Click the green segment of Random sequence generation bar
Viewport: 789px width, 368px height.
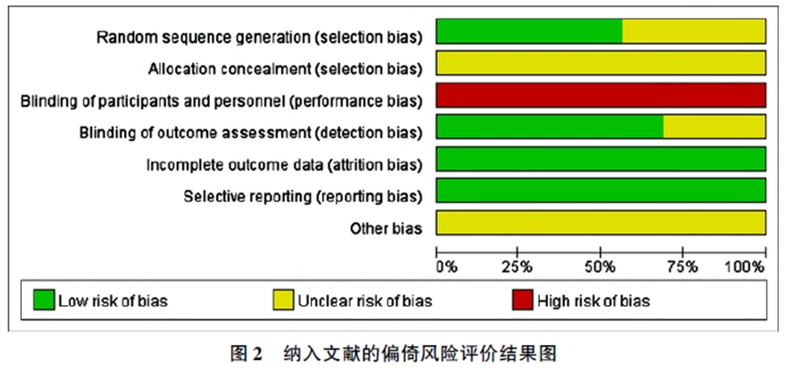click(x=529, y=31)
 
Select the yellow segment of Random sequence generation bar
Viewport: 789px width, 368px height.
click(x=694, y=31)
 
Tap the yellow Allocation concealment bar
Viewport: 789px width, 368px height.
click(x=601, y=63)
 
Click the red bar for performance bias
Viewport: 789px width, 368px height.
click(x=601, y=95)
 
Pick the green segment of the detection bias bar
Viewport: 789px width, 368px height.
click(x=550, y=127)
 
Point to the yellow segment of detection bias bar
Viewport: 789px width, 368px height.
click(x=714, y=127)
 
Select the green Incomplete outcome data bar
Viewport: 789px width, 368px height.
click(x=601, y=159)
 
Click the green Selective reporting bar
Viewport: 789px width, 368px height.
click(x=601, y=190)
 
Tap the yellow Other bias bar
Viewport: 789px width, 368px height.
click(x=601, y=223)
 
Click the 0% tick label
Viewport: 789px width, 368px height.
click(x=446, y=268)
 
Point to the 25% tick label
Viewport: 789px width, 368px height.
click(x=518, y=268)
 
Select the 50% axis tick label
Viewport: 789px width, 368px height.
click(x=601, y=268)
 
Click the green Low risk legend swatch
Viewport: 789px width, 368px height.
click(x=44, y=300)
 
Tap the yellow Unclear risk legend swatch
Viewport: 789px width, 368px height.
click(x=284, y=300)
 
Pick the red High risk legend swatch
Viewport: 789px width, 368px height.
click(x=523, y=300)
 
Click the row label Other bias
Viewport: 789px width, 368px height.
click(x=386, y=228)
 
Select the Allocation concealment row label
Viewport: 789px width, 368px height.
click(x=285, y=69)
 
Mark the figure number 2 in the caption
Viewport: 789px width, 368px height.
click(x=256, y=354)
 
